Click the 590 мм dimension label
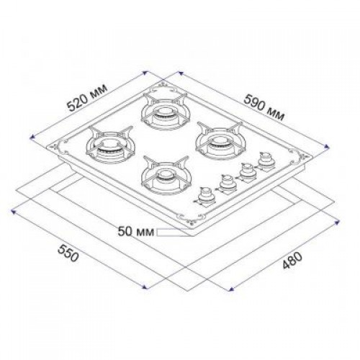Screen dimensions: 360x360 (x=264, y=107)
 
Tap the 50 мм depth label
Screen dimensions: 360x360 (x=136, y=232)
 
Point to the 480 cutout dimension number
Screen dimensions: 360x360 (x=292, y=261)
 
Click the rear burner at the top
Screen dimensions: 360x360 (x=165, y=111)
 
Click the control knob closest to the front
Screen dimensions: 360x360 (x=205, y=197)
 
